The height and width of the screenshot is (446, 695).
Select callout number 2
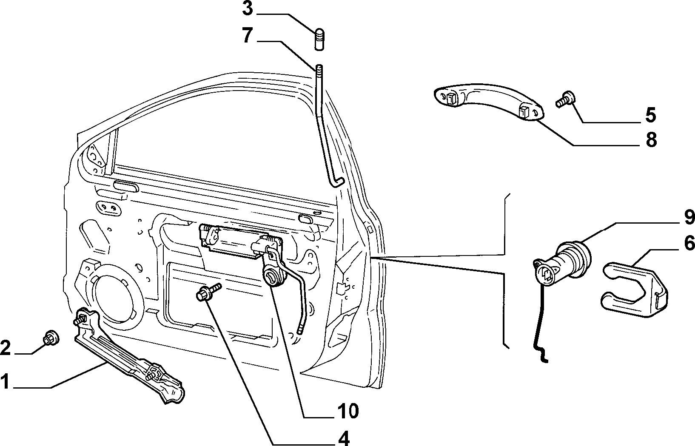5,348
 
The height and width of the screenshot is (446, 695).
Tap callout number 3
248,9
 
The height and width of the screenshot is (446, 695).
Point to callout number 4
344,438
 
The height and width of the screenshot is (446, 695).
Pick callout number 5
651,115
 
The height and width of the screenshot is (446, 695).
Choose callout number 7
248,35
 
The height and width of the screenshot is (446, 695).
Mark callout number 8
651,139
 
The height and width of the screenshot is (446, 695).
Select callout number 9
689,217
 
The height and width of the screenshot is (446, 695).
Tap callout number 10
348,411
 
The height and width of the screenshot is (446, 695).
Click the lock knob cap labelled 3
319,40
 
